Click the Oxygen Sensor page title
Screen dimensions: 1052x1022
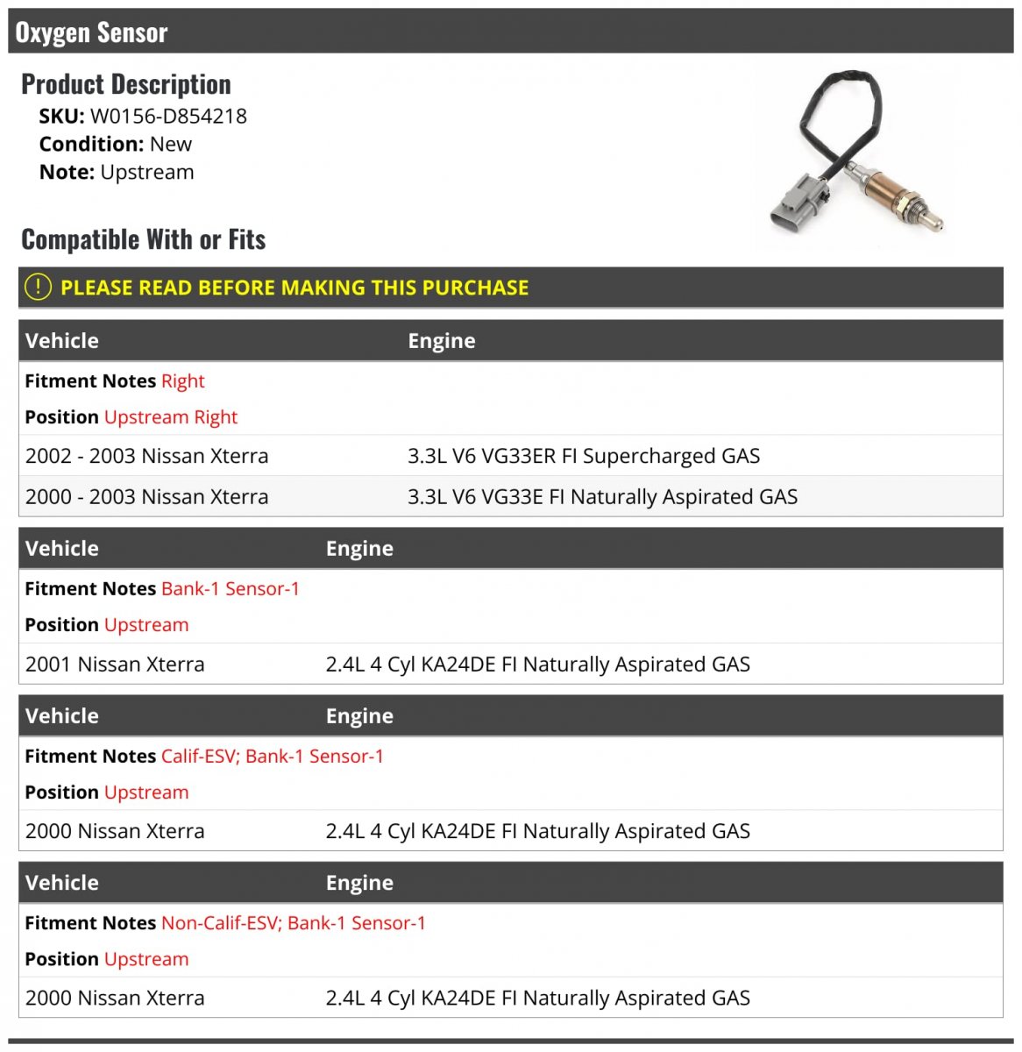(91, 32)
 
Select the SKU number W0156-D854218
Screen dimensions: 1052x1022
(168, 116)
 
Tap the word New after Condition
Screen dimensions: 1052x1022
(170, 144)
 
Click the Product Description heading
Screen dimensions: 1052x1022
(126, 84)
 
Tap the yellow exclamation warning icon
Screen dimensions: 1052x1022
(38, 288)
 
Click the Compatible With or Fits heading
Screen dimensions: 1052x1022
(143, 239)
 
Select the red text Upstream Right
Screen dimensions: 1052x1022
(171, 417)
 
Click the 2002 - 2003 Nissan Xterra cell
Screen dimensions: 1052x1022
(146, 456)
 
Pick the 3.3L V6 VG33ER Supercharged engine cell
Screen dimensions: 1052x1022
(584, 456)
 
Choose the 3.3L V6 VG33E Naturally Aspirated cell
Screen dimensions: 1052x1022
(602, 497)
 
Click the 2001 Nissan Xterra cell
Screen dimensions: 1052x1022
(115, 665)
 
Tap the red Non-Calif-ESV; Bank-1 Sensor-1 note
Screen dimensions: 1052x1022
(293, 923)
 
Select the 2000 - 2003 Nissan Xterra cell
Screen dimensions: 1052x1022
(146, 497)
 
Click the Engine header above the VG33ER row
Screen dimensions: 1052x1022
(442, 341)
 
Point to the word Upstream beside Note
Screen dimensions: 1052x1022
(147, 172)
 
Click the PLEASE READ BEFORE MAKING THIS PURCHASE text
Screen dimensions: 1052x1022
(295, 288)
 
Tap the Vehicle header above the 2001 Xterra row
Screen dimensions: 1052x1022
(62, 549)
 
